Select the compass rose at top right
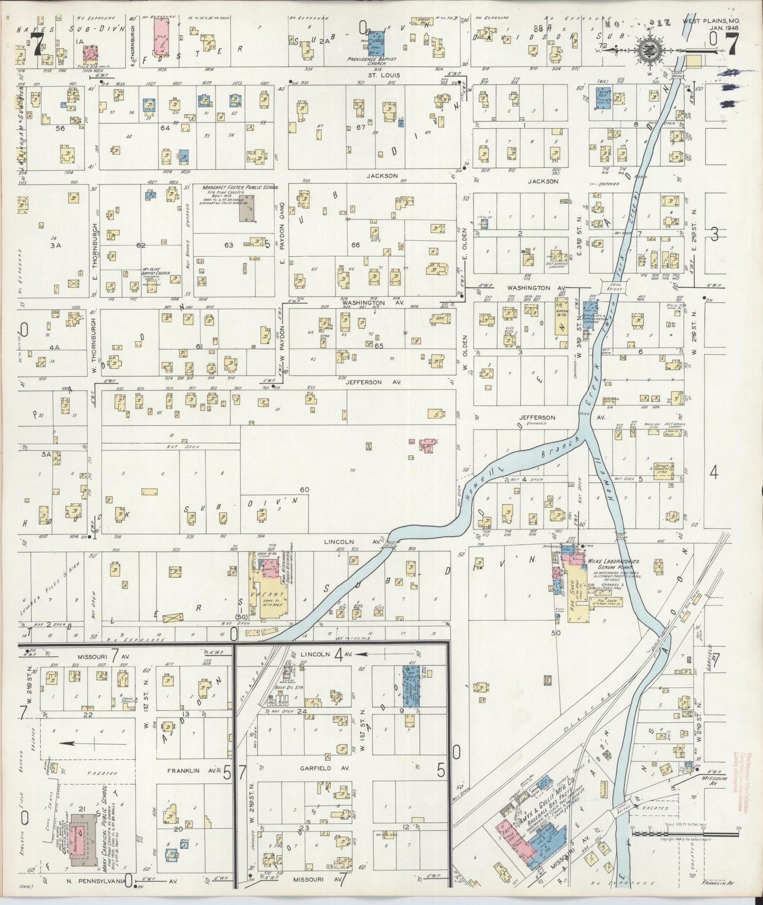[647, 50]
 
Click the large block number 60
[305, 489]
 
